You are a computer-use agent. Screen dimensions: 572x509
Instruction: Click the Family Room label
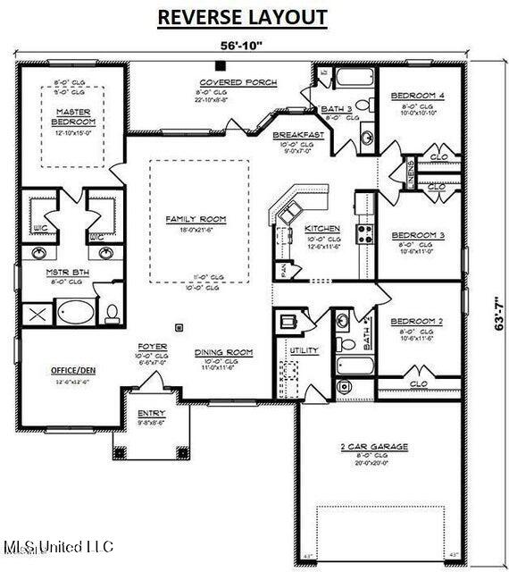[x=196, y=219]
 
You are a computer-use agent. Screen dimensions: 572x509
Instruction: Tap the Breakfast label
[x=297, y=134]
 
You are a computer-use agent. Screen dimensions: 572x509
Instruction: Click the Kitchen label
[x=321, y=229]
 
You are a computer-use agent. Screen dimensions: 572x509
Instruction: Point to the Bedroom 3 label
[x=418, y=236]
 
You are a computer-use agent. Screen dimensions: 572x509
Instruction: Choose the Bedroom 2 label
[x=417, y=320]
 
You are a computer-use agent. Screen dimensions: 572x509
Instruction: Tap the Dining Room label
[x=223, y=352]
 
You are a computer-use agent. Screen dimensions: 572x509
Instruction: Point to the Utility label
[x=305, y=351]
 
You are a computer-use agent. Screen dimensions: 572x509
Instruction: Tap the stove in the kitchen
[x=365, y=233]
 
